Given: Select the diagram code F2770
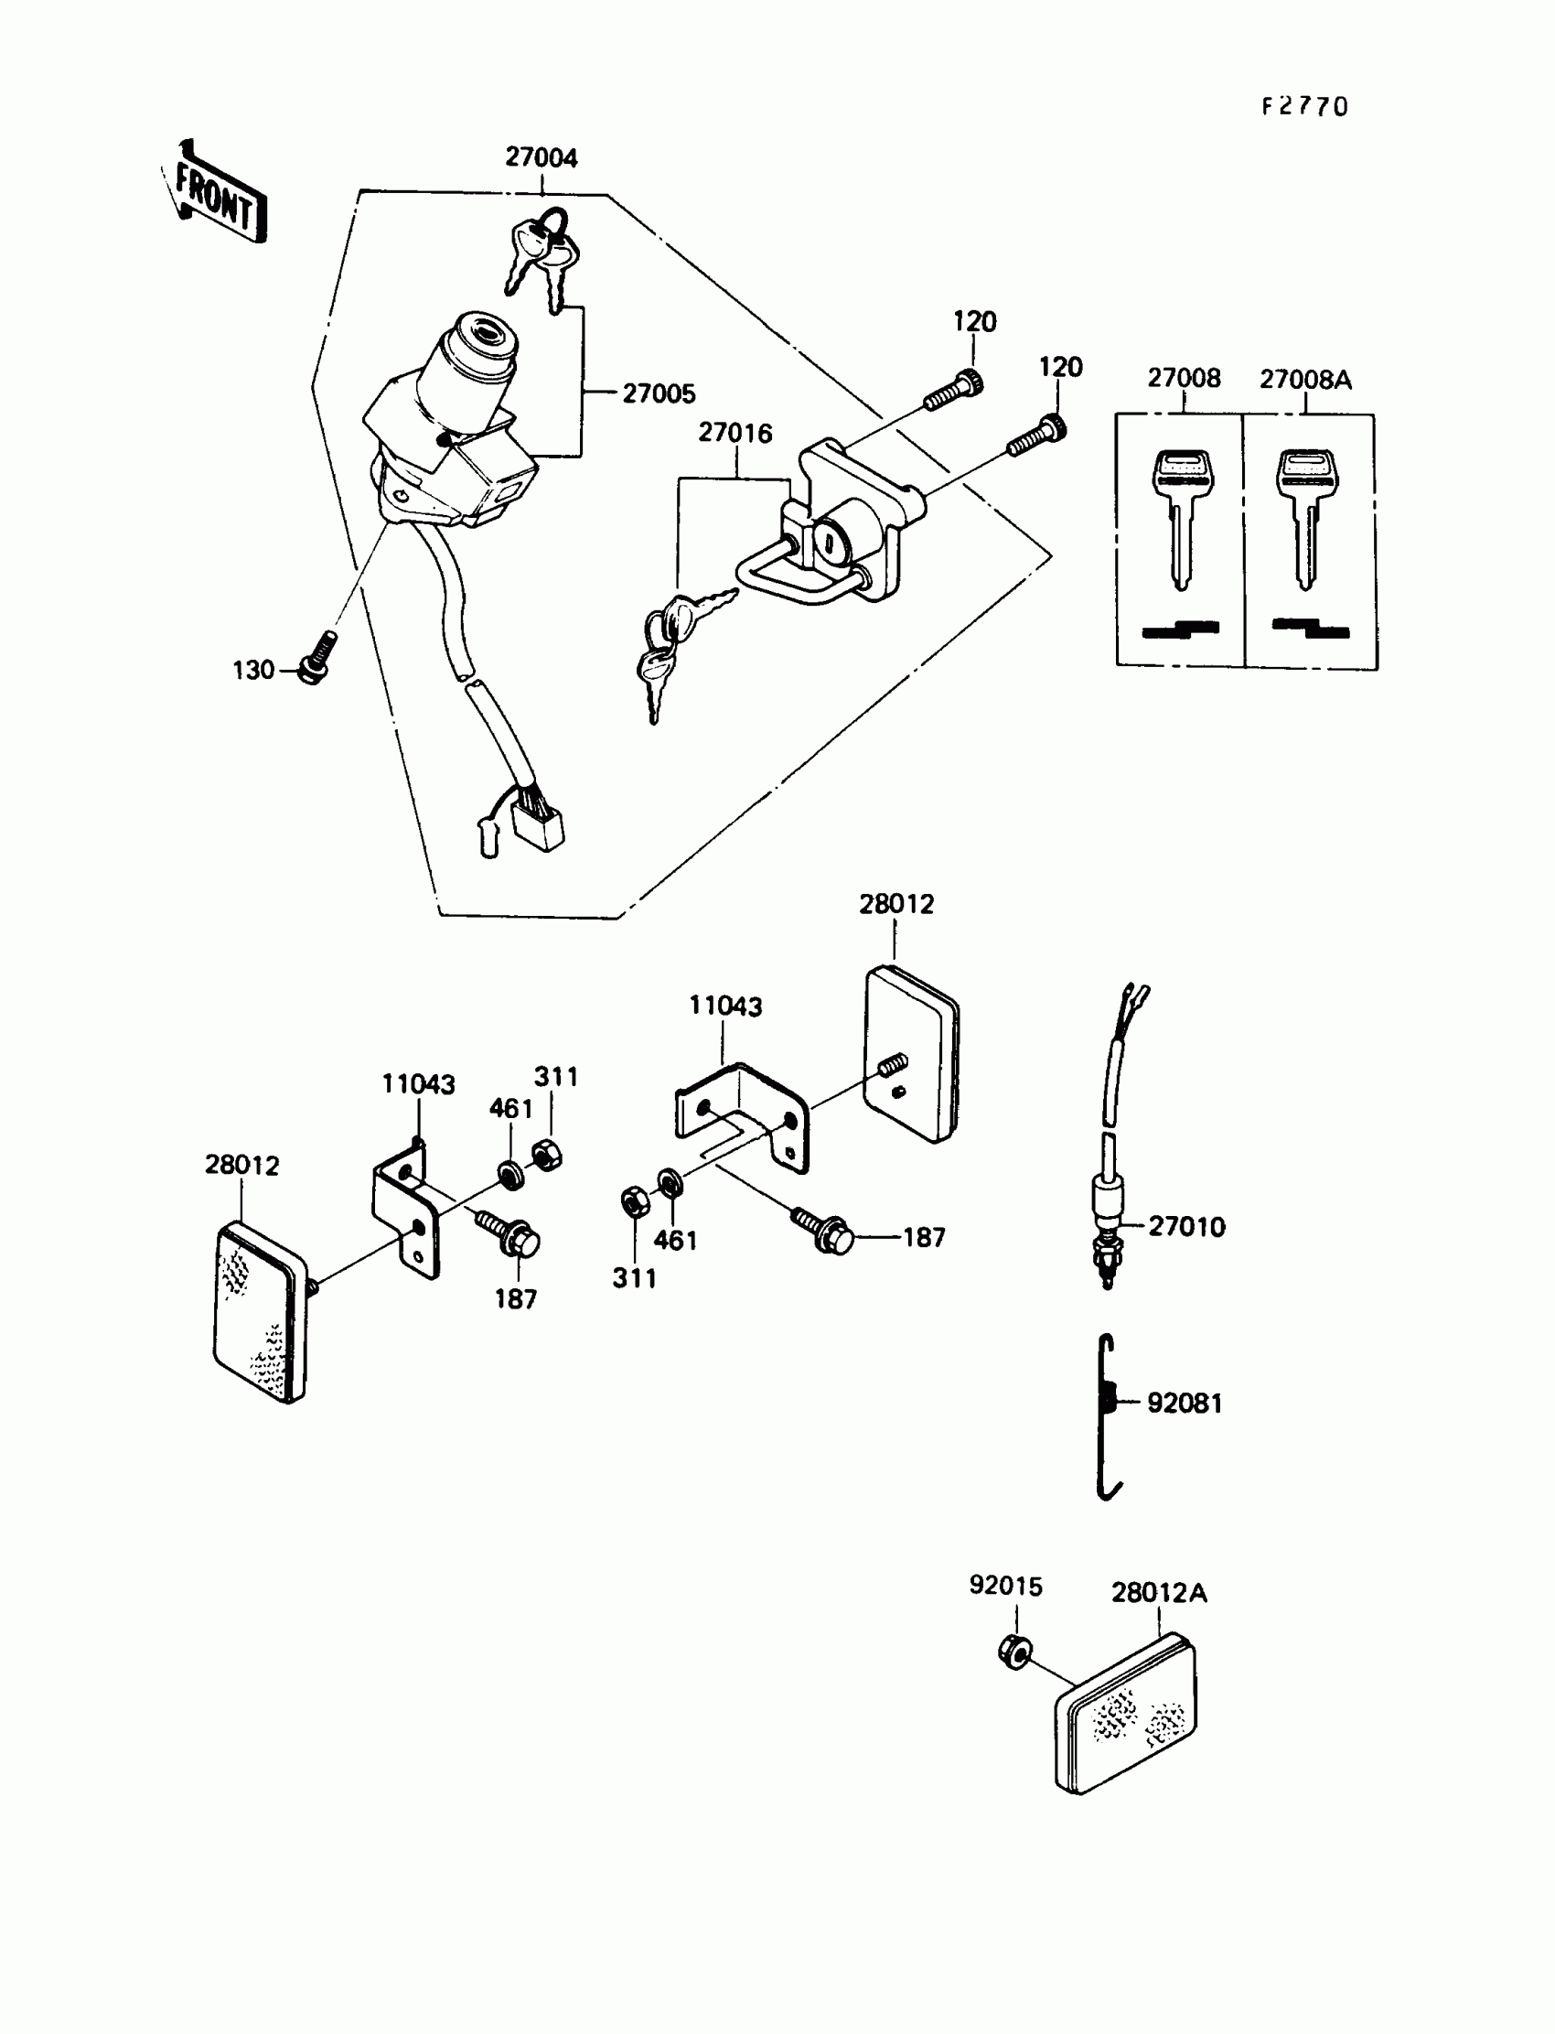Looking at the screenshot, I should [x=1305, y=107].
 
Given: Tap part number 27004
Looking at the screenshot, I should [x=542, y=158].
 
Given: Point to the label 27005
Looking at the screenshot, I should [x=659, y=394].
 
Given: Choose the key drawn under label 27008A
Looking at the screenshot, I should [x=1305, y=514].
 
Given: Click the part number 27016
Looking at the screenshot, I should [x=735, y=434].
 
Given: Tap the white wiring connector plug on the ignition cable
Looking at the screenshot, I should [x=541, y=827].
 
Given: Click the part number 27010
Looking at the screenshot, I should [x=1186, y=1227].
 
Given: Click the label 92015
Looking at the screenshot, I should [x=1005, y=1586].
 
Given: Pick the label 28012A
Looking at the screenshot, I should [x=1159, y=1593].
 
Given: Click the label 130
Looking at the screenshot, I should [x=253, y=671].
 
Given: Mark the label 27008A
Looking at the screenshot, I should [x=1305, y=380].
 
